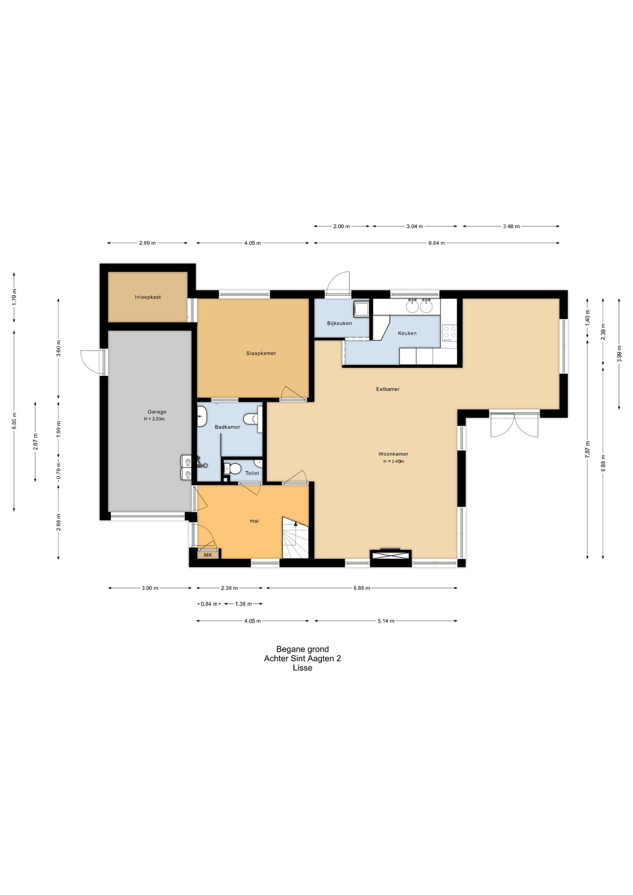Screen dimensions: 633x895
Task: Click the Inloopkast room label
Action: coord(148,297)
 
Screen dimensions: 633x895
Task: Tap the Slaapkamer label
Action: coord(261,353)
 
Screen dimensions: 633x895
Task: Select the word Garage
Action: coord(157,412)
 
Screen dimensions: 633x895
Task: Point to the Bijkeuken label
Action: coord(339,324)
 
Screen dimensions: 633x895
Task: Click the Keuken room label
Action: coord(407,333)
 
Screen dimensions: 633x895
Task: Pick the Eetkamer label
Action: coord(388,389)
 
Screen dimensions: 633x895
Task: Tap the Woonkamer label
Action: coord(393,454)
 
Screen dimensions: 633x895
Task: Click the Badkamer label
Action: coord(227,427)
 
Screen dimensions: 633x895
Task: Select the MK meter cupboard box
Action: coord(208,555)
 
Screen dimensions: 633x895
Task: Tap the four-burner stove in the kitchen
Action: coord(449,333)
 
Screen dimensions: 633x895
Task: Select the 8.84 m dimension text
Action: coord(437,243)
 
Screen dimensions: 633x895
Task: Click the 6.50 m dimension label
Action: coord(14,421)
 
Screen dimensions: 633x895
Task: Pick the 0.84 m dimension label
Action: coord(209,604)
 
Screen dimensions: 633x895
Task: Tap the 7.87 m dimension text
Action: coord(587,450)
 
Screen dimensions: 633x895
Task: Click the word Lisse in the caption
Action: coord(303,668)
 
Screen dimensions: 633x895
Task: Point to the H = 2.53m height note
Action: coord(154,419)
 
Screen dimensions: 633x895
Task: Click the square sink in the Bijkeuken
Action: coord(361,309)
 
